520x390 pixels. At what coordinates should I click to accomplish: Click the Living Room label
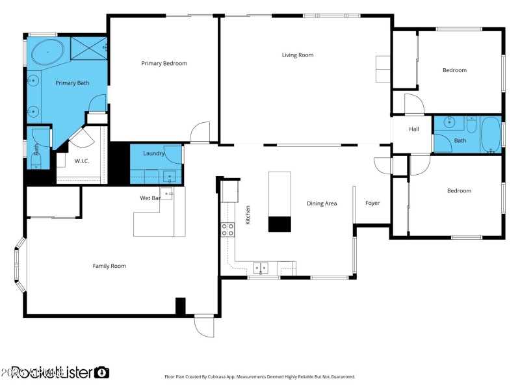point(298,55)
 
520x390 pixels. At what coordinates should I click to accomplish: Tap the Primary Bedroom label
point(164,63)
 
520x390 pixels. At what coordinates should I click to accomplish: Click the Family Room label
point(109,266)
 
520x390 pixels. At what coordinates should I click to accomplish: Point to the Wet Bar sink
point(166,192)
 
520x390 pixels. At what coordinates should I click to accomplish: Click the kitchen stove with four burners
point(228,229)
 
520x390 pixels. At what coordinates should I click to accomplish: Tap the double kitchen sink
point(261,266)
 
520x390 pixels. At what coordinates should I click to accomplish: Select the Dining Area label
point(322,203)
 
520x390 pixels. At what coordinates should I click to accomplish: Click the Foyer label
point(372,203)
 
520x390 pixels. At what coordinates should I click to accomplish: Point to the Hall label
point(414,129)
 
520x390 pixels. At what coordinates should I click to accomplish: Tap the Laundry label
point(153,153)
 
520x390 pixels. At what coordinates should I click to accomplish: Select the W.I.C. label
point(82,161)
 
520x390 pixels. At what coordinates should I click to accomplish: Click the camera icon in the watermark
point(101,372)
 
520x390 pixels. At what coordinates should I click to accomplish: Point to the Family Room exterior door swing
point(204,326)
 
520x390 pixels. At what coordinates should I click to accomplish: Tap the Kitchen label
point(248,215)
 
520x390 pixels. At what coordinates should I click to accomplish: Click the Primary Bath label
point(72,83)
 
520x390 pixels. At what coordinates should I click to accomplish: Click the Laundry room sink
point(170,175)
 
